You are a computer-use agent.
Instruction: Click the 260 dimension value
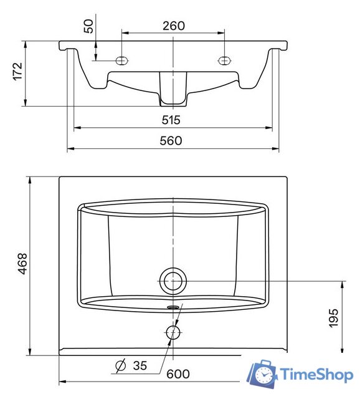pos(174,26)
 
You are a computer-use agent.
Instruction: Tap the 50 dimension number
pos(88,26)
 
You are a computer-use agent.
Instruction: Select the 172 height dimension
pos(18,71)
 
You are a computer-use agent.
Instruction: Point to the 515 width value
pos(171,120)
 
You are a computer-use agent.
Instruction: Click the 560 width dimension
pos(171,141)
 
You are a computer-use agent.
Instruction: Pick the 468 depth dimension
pos(22,264)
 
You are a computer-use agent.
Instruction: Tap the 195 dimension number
pos(333,318)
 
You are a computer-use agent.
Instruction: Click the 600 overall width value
pos(178,374)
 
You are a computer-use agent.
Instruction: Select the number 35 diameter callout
pos(140,366)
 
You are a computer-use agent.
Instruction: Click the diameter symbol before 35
pos(120,366)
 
